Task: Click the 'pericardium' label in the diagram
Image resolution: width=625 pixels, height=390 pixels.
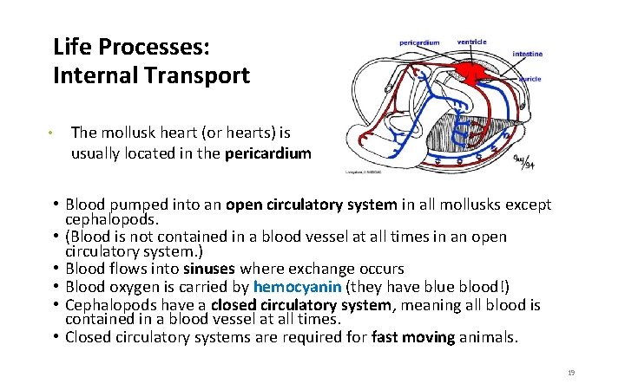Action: (419, 42)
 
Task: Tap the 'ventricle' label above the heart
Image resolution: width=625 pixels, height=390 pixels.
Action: (471, 41)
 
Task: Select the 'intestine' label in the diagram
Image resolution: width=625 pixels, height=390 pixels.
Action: (527, 54)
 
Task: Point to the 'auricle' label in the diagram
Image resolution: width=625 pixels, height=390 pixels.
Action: (530, 79)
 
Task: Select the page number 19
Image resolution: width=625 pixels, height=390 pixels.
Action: (571, 372)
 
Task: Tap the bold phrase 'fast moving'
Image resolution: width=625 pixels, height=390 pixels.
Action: (413, 337)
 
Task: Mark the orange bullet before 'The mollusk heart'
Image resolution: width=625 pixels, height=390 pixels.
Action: (51, 133)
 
